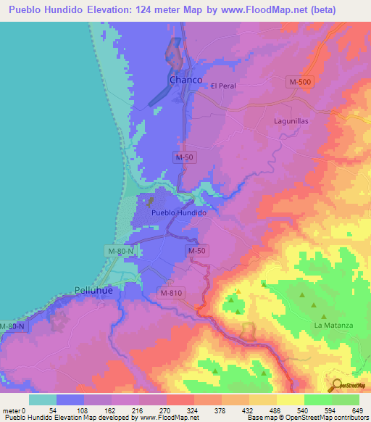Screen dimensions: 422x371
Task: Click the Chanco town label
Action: [185, 80]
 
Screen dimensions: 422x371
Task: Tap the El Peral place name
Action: [223, 86]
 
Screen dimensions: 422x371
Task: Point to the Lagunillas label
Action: [292, 121]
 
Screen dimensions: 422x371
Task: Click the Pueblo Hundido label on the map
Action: [180, 213]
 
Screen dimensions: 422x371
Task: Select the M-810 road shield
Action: [173, 293]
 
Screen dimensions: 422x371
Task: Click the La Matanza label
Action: [333, 325]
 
